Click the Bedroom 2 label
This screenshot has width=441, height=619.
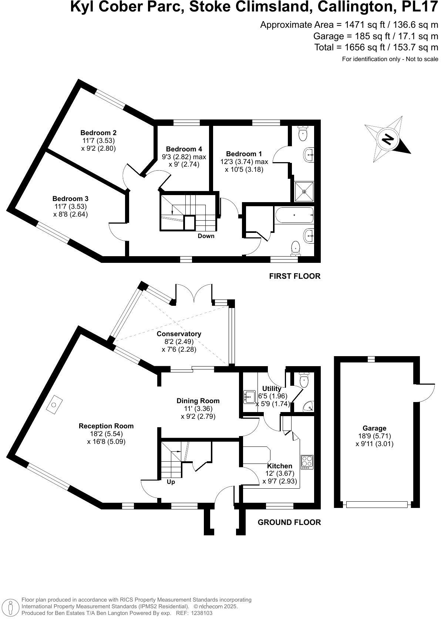[x=98, y=133]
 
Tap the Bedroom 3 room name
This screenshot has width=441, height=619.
[x=70, y=199]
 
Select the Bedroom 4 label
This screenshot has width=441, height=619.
[x=184, y=149]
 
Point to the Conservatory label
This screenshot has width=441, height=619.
[x=179, y=334]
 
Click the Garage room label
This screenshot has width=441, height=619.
[x=374, y=428]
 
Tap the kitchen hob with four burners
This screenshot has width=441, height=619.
[x=307, y=462]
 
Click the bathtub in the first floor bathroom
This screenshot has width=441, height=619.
[x=294, y=215]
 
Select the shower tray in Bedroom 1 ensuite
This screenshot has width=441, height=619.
[x=304, y=191]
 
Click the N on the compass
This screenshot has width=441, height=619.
[x=387, y=140]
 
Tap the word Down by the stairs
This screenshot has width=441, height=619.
[x=206, y=236]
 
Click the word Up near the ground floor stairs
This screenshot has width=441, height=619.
[x=171, y=482]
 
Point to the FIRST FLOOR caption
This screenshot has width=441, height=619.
[x=294, y=276]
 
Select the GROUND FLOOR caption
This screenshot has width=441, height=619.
[x=289, y=522]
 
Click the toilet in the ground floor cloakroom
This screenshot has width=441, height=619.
[x=304, y=381]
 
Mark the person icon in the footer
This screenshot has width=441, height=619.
[x=11, y=607]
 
